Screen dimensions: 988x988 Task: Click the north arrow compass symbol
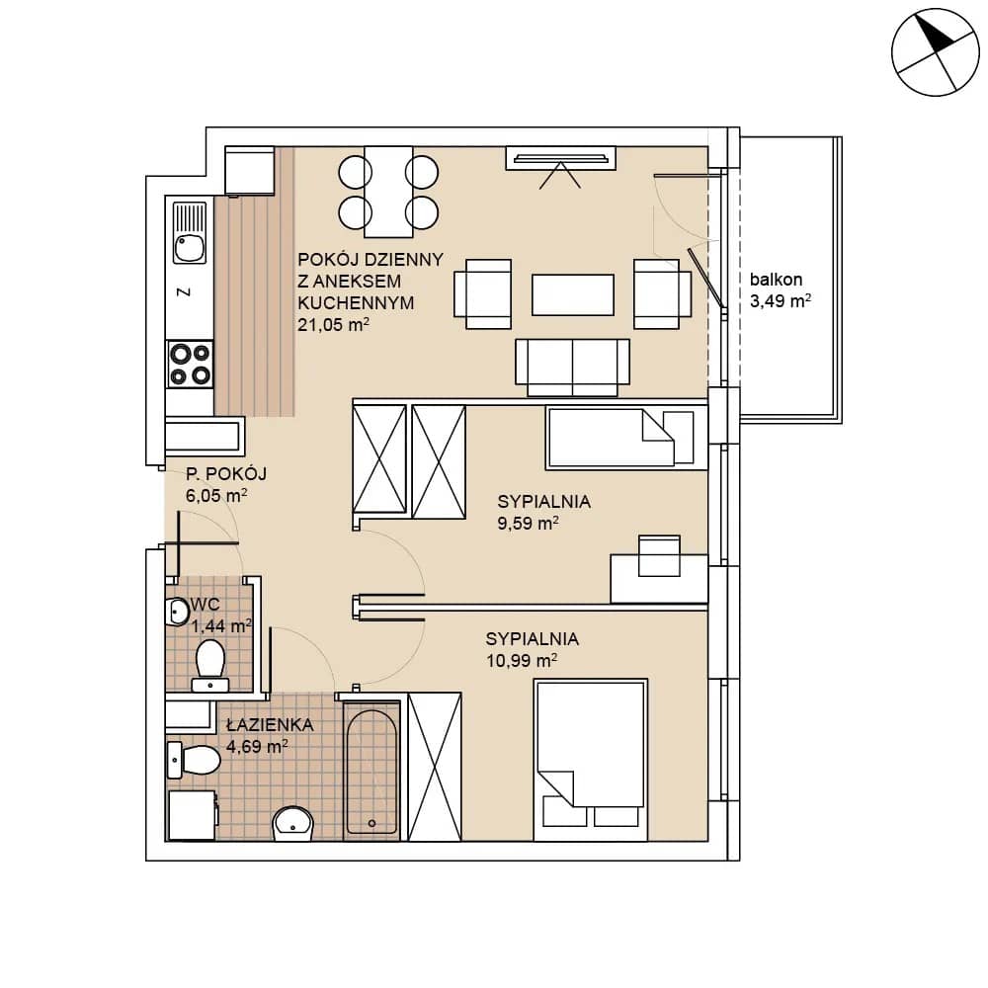coord(935,52)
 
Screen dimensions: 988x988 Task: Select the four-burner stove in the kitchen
coord(190,365)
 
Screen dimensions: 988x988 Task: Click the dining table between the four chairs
coord(388,192)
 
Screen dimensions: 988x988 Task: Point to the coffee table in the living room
coord(572,294)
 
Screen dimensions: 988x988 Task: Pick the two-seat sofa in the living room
coord(572,368)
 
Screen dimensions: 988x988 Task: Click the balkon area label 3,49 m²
coord(781,301)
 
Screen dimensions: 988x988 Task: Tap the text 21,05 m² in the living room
coord(333,324)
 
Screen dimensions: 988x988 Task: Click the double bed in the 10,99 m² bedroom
coord(591,760)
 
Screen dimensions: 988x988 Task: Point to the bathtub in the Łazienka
coord(371,772)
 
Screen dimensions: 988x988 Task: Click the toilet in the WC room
coord(210,665)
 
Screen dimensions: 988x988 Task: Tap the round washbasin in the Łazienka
coord(292,823)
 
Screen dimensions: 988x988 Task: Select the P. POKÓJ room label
coord(226,474)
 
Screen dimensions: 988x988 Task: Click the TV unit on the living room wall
coord(560,158)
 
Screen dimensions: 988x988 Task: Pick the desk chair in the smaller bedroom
coord(659,555)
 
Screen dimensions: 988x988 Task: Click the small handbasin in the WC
coord(177,611)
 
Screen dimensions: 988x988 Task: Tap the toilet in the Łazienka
coord(194,760)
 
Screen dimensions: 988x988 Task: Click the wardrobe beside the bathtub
coord(435,767)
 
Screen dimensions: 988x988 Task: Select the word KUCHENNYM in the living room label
coord(356,303)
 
